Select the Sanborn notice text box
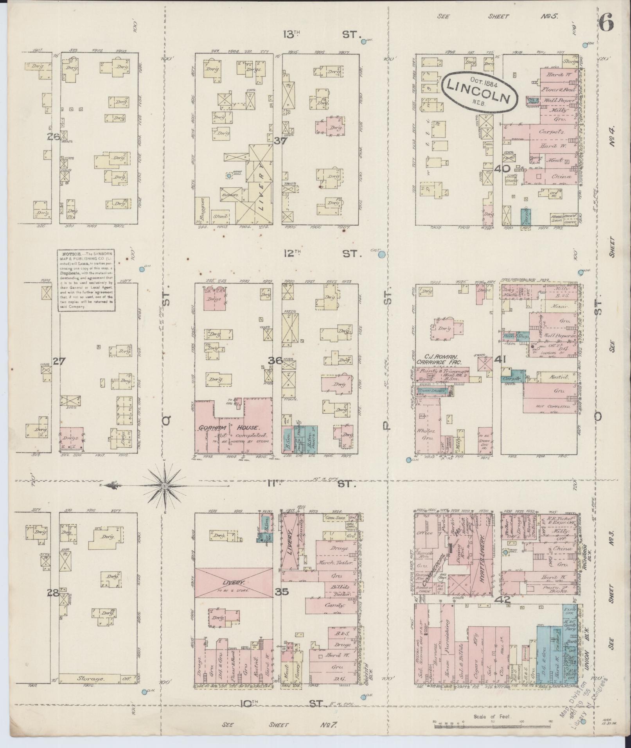pyautogui.click(x=86, y=280)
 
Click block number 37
pyautogui.click(x=280, y=141)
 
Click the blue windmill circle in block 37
pyautogui.click(x=229, y=176)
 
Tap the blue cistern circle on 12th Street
pyautogui.click(x=381, y=255)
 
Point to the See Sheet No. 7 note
pyautogui.click(x=279, y=725)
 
